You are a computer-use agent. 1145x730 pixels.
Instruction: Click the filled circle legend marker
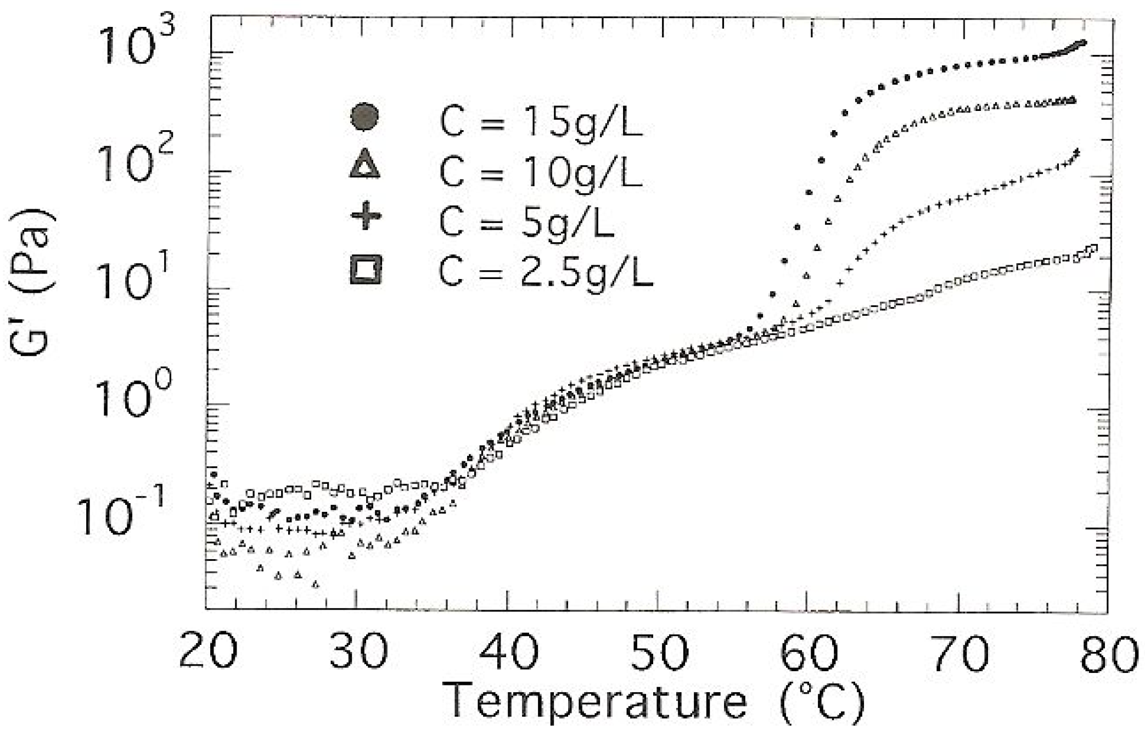click(x=364, y=117)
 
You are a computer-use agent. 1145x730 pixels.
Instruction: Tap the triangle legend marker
click(x=364, y=165)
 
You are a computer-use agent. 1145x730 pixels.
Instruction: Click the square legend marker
click(x=366, y=270)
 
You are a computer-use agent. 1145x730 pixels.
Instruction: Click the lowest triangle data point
click(x=315, y=584)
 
